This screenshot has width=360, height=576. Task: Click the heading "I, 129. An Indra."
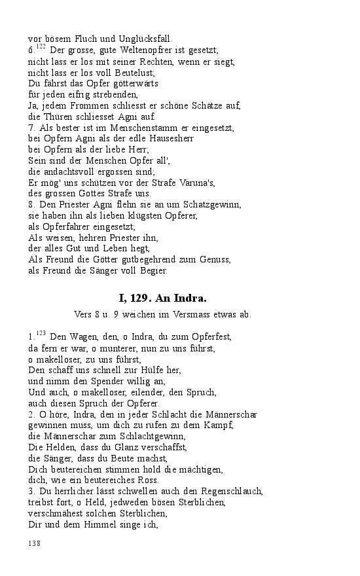tap(162, 298)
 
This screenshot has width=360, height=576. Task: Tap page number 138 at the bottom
tap(35, 543)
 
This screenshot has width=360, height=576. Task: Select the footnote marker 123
tap(41, 333)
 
